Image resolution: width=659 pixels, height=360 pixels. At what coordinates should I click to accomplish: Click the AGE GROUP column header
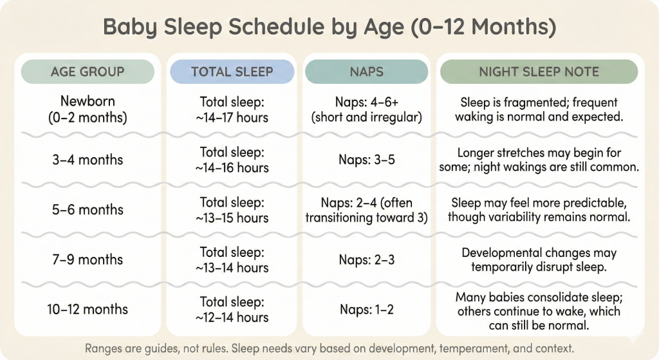pos(88,71)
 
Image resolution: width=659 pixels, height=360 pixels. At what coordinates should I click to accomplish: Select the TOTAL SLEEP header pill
pos(232,71)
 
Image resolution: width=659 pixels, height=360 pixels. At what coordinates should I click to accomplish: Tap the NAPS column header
pos(366,71)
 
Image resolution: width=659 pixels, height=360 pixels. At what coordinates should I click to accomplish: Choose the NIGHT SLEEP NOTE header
pos(539,71)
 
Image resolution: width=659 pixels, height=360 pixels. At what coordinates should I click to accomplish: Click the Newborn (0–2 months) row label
pos(88,109)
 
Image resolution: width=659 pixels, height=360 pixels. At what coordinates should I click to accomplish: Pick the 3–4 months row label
pos(88,160)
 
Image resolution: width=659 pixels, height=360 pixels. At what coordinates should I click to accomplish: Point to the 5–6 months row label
pos(88,210)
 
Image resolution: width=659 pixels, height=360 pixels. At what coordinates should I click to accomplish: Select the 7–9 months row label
pos(88,260)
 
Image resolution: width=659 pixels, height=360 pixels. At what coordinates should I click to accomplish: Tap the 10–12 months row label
pos(88,309)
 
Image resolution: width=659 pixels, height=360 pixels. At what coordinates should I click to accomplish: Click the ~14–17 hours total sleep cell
pos(232,109)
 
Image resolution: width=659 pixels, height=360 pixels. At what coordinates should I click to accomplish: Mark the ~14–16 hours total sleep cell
pos(232,160)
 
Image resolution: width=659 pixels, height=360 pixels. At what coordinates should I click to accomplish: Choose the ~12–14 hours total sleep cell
pos(232,309)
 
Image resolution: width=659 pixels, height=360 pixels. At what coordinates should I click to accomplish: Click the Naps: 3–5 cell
pos(366,160)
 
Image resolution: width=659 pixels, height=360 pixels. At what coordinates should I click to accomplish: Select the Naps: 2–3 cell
pos(366,260)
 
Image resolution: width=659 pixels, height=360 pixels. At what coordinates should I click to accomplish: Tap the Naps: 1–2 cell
pos(366,309)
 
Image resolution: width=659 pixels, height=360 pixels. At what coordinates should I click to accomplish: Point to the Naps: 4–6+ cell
pos(366,109)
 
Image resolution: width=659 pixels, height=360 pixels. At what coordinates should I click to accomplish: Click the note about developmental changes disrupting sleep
pos(539,260)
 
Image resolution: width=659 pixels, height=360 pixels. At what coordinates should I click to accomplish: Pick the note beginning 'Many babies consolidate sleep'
pos(539,311)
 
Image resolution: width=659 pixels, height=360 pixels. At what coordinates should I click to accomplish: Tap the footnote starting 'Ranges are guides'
pos(329,348)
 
